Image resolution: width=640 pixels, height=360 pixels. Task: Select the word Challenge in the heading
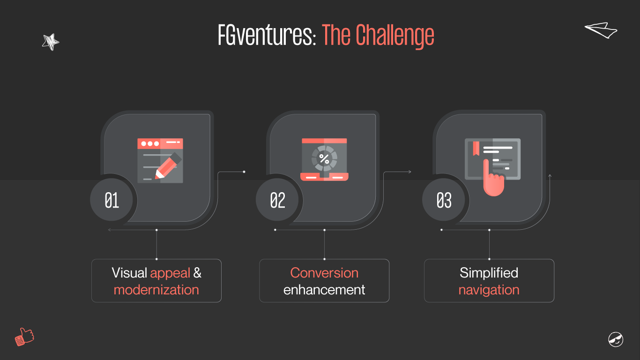(x=394, y=36)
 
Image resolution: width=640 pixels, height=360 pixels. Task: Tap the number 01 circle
(x=112, y=201)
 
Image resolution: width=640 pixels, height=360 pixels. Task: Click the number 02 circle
(x=277, y=201)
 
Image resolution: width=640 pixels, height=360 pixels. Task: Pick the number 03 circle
(x=444, y=201)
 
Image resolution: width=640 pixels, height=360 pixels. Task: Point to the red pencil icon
(x=167, y=165)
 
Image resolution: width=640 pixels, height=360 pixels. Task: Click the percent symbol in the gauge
(x=324, y=158)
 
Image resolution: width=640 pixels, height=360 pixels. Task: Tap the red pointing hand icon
(x=493, y=180)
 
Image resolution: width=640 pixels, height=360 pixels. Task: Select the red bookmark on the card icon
(x=476, y=148)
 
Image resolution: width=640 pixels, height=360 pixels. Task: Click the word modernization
(x=156, y=290)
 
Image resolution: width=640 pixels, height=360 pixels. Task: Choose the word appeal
(x=170, y=273)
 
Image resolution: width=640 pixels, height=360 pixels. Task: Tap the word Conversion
(x=324, y=273)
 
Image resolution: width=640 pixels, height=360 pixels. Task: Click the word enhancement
(x=324, y=290)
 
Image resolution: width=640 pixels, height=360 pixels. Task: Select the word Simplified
(x=489, y=273)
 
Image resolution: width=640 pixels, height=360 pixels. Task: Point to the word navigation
(x=489, y=290)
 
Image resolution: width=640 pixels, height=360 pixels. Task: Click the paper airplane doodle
(x=601, y=30)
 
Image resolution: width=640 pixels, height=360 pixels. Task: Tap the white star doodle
(x=50, y=42)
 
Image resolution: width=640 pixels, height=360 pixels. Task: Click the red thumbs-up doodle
(x=24, y=337)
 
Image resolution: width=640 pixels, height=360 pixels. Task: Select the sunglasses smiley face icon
(x=616, y=339)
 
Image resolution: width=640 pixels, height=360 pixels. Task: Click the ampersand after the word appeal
(x=197, y=273)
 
